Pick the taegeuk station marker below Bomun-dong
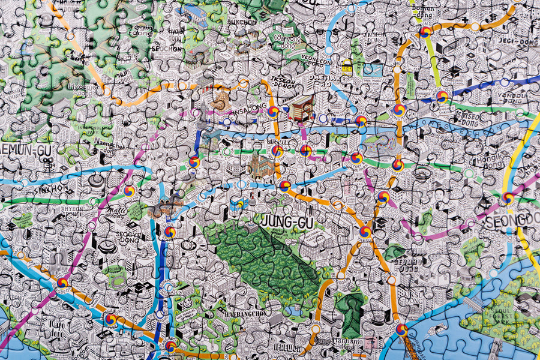pos(425,32)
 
